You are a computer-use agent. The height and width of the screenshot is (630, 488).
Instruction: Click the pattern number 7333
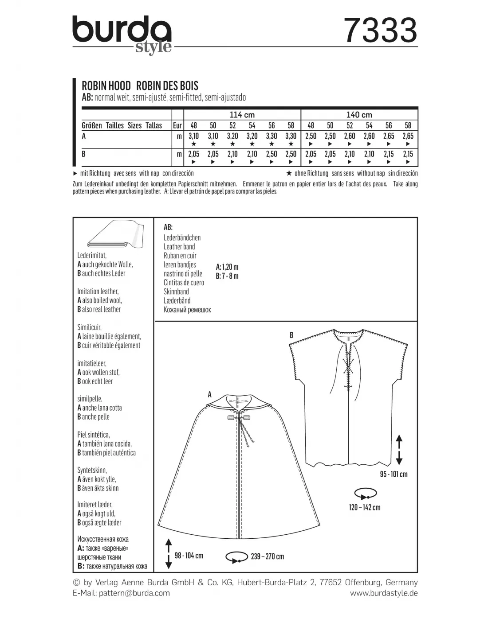pos(381,31)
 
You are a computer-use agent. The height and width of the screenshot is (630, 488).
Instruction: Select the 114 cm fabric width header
pos(242,115)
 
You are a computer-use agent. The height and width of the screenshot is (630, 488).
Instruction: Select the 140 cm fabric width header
pos(359,115)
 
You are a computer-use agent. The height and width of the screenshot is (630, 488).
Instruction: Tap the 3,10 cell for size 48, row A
pos(193,136)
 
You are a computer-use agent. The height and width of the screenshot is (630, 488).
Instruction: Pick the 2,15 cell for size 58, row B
pos(408,154)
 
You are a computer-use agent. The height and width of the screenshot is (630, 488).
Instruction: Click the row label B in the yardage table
pos(84,154)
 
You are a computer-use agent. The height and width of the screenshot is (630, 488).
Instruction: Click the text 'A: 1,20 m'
pos(227,267)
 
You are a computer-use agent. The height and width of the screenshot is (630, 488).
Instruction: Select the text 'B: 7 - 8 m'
pos(227,276)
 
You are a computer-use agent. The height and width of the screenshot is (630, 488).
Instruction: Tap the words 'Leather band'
pos(179,247)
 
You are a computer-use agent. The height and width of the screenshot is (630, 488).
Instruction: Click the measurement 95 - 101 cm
pos(393,474)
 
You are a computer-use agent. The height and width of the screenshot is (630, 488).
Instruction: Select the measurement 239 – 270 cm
pos(267,556)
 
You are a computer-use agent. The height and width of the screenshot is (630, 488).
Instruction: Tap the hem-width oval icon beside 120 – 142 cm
pos(365,493)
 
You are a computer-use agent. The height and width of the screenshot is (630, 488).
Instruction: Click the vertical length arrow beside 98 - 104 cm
pos(169,554)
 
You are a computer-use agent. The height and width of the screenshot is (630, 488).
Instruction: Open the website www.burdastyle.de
pos(384,593)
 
